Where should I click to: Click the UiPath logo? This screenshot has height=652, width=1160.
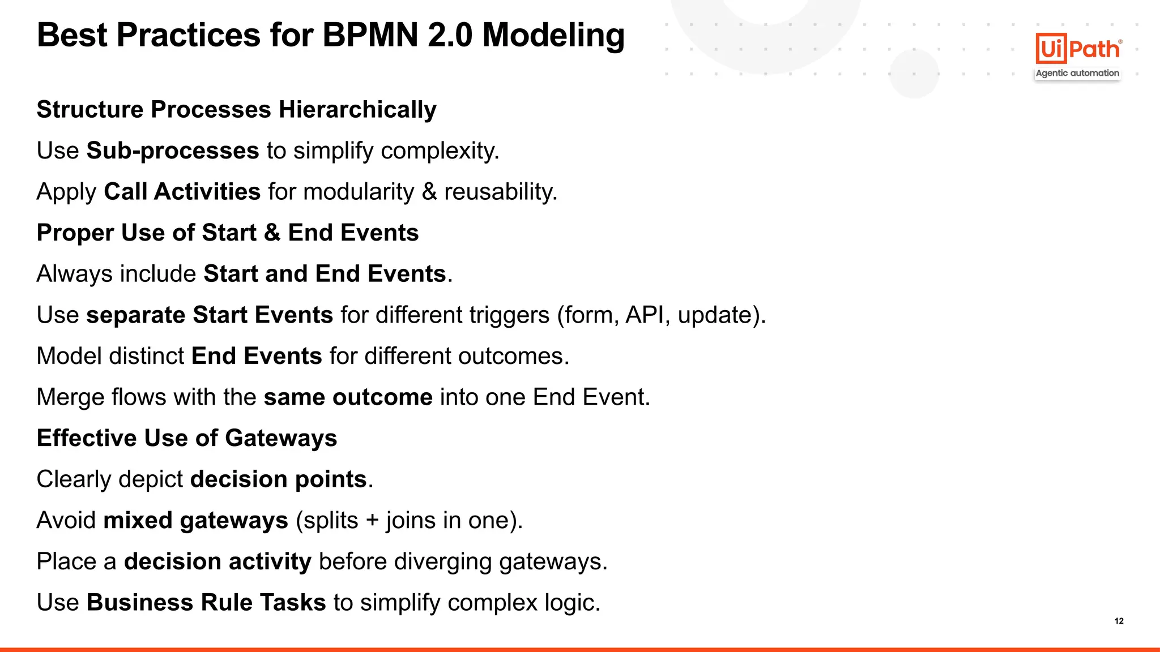point(1078,49)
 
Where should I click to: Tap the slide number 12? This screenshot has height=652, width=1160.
point(1119,621)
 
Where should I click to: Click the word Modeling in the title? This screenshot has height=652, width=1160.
point(553,35)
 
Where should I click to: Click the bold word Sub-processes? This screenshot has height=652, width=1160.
point(173,151)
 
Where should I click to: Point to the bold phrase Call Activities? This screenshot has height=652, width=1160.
point(182,192)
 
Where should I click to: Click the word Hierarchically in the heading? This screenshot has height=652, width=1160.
point(357,110)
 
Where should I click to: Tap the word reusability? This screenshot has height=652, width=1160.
point(500,192)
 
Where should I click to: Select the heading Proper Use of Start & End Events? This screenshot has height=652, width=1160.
point(228,233)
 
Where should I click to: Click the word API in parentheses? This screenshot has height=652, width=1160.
point(644,315)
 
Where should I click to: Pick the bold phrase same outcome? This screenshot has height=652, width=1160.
point(348,397)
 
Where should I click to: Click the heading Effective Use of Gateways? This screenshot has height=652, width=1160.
point(187,438)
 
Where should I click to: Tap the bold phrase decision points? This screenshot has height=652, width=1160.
point(278,479)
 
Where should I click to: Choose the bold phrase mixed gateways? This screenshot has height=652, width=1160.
point(195,521)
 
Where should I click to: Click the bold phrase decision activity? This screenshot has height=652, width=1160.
point(217,561)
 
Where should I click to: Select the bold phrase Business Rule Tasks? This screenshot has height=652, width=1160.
point(206,603)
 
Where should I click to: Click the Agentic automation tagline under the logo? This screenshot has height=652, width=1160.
point(1077,73)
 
